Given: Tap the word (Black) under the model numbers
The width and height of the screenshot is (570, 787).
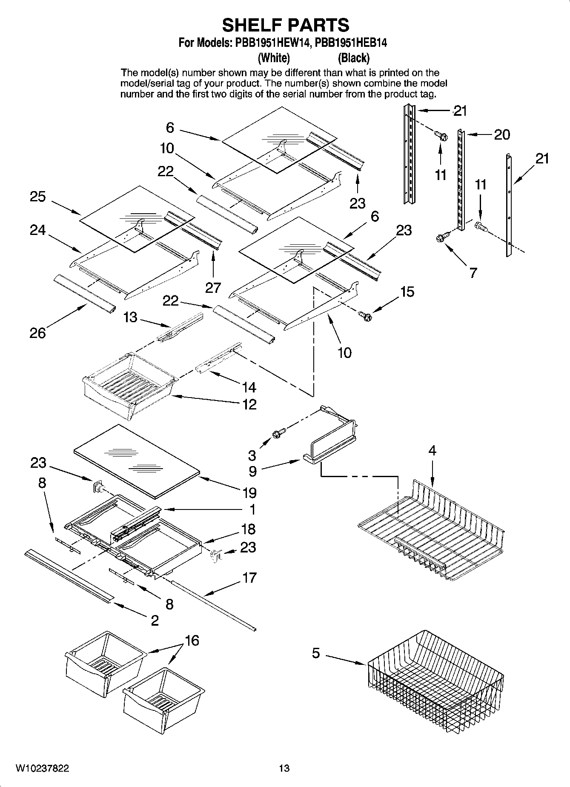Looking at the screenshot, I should tap(353, 57).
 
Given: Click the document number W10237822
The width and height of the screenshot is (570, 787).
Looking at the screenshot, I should tap(42, 768).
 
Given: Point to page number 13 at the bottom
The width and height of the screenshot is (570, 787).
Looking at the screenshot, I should tap(284, 768).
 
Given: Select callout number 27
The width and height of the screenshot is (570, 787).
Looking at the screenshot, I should tap(213, 288).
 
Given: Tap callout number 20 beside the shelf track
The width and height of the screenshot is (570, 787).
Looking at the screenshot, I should tap(501, 135).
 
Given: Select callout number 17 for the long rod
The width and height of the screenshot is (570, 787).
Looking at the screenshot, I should tap(249, 578).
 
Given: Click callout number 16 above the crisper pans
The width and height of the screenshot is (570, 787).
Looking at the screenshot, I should tap(192, 640).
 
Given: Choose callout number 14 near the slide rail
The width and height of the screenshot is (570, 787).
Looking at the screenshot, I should tap(249, 387).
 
